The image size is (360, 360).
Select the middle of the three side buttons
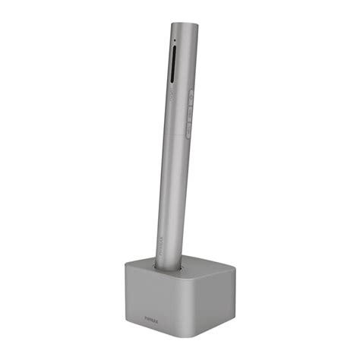[x=189, y=112]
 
